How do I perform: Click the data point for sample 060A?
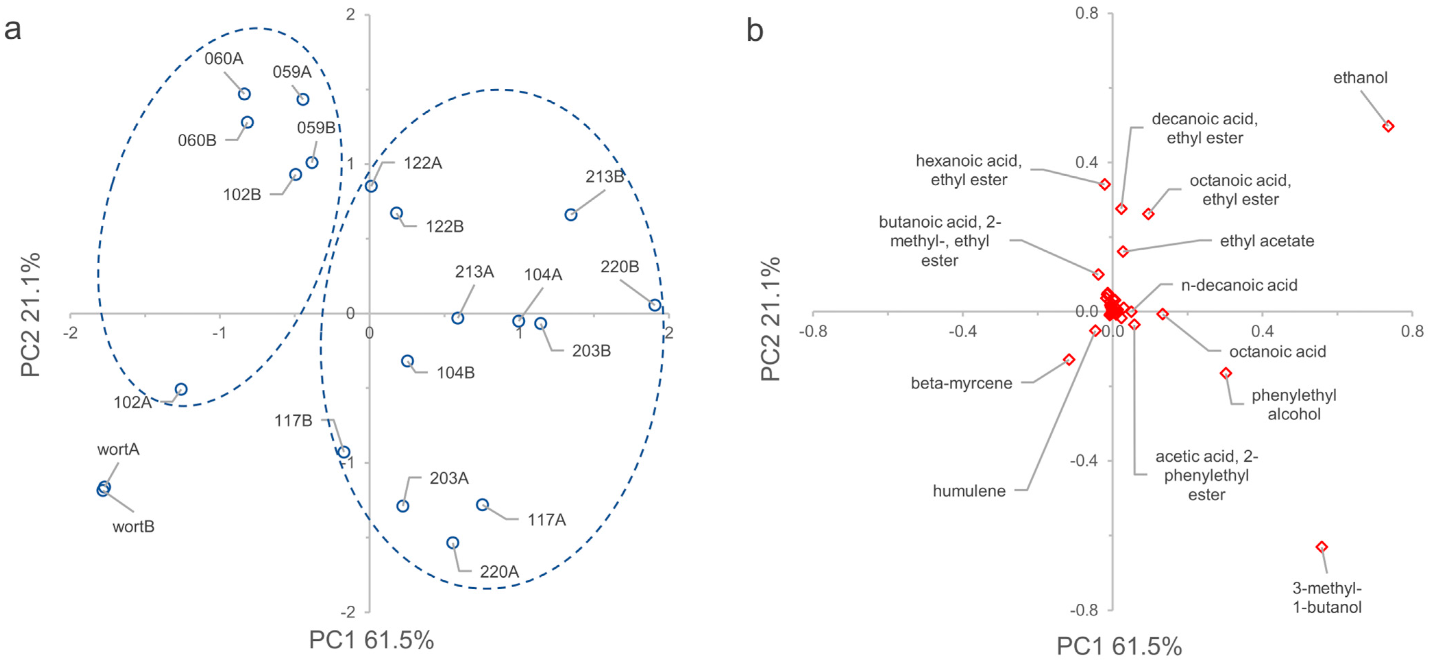click(x=244, y=94)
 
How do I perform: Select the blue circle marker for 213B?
click(x=571, y=215)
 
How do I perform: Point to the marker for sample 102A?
click(x=181, y=389)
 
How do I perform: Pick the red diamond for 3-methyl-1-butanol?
click(x=1322, y=547)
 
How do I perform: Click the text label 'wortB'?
click(x=133, y=526)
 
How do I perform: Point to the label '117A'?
click(x=546, y=520)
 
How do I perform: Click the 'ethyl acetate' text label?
click(x=1267, y=241)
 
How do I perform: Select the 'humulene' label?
click(x=969, y=491)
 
